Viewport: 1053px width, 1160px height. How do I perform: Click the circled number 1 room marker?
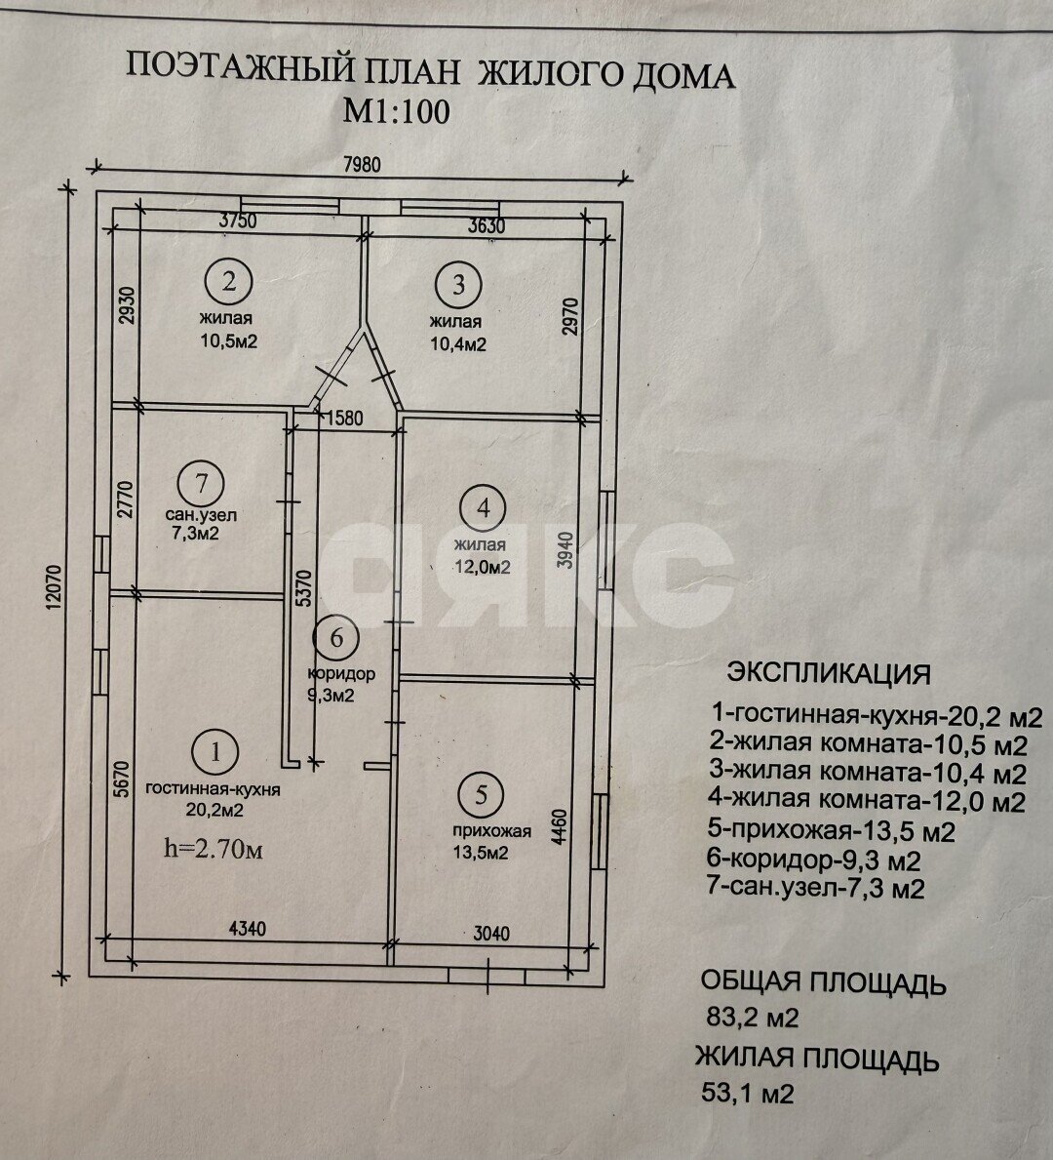215,752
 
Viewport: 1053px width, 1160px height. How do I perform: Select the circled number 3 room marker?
458,284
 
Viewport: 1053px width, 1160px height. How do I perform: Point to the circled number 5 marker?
482,794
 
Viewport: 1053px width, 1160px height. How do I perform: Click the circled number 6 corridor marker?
336,638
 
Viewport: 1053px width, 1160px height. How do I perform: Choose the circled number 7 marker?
201,483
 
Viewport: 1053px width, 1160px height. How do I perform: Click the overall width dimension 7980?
362,164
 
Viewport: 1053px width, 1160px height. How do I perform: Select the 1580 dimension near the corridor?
344,418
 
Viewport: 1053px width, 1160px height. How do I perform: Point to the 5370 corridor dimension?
303,588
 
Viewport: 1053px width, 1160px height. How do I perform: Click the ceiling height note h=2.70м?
214,850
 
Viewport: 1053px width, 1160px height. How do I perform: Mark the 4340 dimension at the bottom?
247,929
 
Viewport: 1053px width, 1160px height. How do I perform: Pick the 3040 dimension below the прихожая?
491,934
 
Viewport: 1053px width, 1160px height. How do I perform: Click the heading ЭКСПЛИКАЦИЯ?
829,673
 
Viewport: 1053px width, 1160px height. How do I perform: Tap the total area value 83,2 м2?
753,1018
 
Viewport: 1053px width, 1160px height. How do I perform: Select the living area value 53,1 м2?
748,1093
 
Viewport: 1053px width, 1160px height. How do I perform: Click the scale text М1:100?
396,112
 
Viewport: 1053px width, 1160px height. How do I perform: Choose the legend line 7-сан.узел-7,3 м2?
816,887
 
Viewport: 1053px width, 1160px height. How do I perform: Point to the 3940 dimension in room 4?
565,549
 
